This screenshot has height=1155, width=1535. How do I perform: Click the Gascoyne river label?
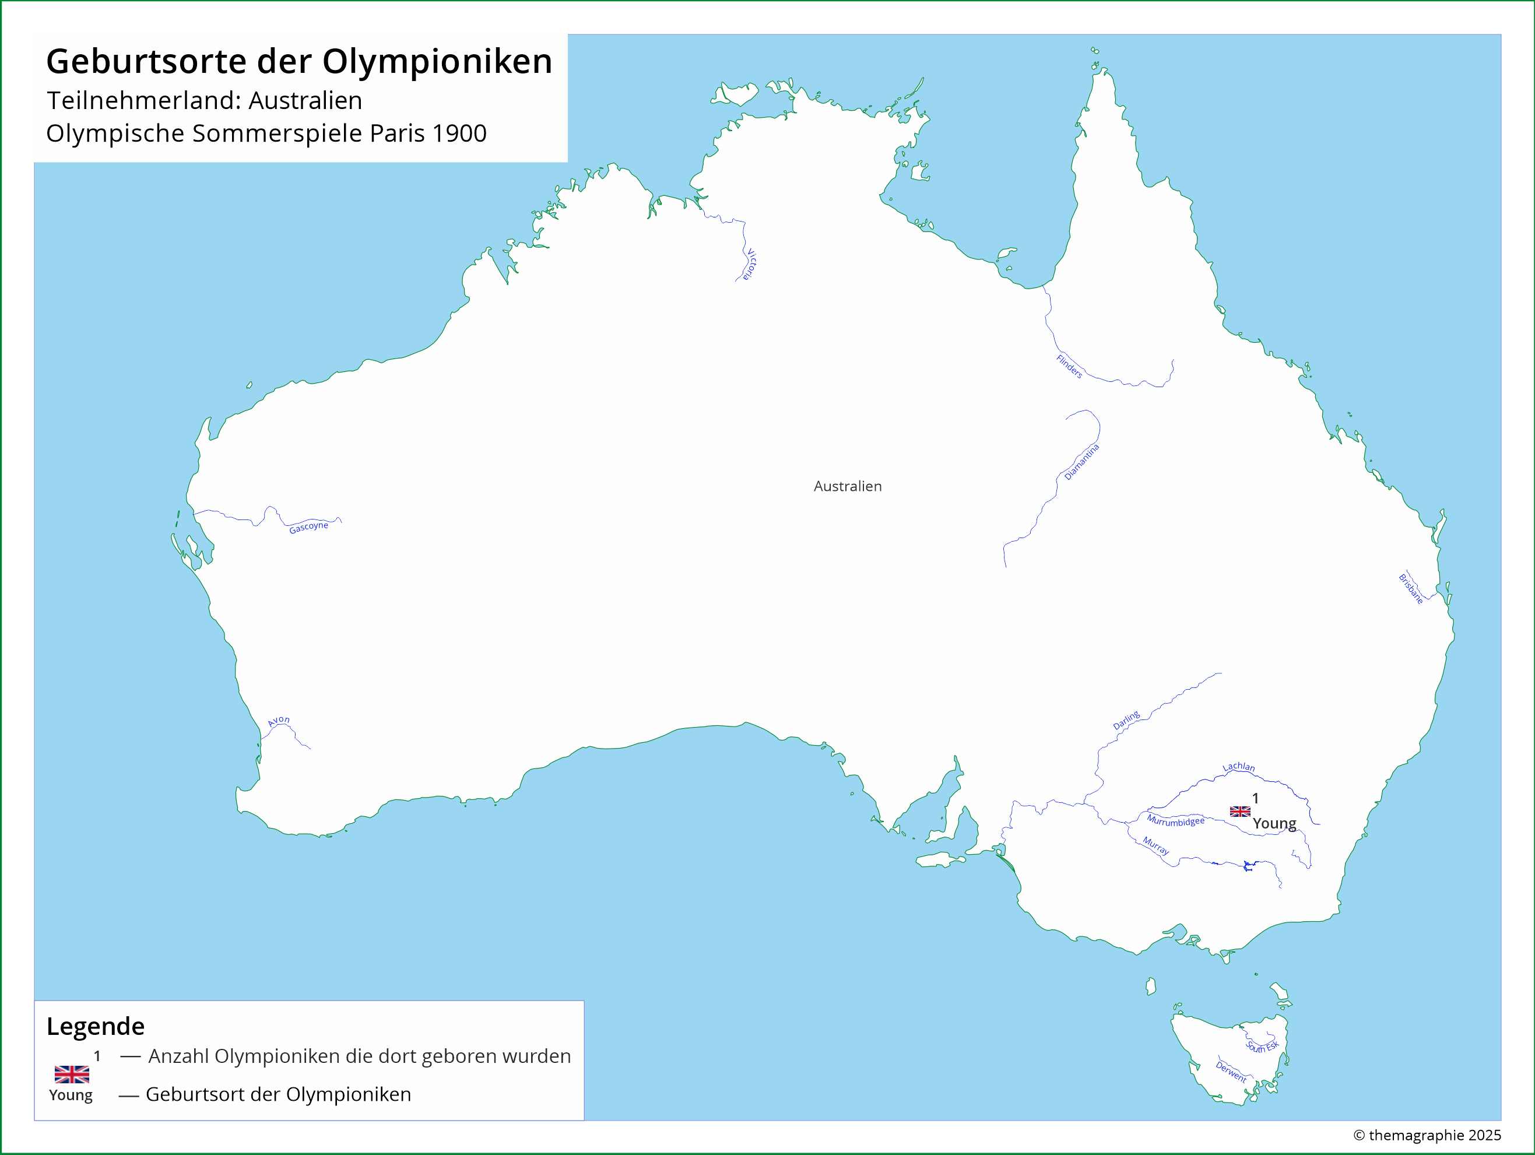tap(308, 527)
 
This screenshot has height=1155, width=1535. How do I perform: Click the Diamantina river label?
tap(1082, 462)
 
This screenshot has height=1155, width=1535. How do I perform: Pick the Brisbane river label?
tap(1411, 589)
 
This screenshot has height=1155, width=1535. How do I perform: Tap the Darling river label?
tap(1126, 721)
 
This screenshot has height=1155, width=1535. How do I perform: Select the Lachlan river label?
tap(1239, 766)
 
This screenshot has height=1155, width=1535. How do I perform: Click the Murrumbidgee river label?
tap(1175, 821)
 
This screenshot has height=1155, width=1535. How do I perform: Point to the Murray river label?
tap(1156, 845)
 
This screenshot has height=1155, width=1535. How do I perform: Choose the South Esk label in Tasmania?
tap(1262, 1047)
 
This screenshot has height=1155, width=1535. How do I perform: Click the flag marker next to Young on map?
tap(1240, 812)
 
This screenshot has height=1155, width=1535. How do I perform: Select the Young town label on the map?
tap(1274, 823)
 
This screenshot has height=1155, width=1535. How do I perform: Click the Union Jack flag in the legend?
tap(72, 1075)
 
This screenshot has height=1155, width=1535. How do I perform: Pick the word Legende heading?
tap(96, 1026)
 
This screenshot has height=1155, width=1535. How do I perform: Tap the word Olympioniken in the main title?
tap(437, 61)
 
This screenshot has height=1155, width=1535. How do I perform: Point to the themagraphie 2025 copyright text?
tap(1427, 1135)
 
